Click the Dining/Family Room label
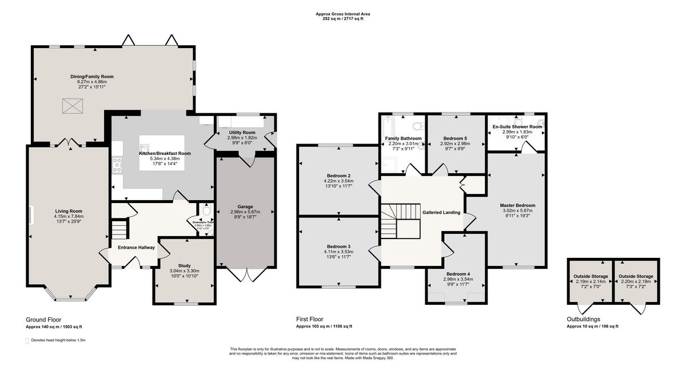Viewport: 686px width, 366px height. [x=92, y=76]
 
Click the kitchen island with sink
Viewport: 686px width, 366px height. [x=162, y=152]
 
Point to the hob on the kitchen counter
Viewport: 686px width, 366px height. [x=118, y=165]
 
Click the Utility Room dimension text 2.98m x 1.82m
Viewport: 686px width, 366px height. [x=235, y=138]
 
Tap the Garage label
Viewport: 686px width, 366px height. [x=245, y=206]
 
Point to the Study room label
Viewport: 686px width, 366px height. [x=184, y=265]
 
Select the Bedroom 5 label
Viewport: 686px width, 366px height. [x=456, y=138]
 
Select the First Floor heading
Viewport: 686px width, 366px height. [x=309, y=319]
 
